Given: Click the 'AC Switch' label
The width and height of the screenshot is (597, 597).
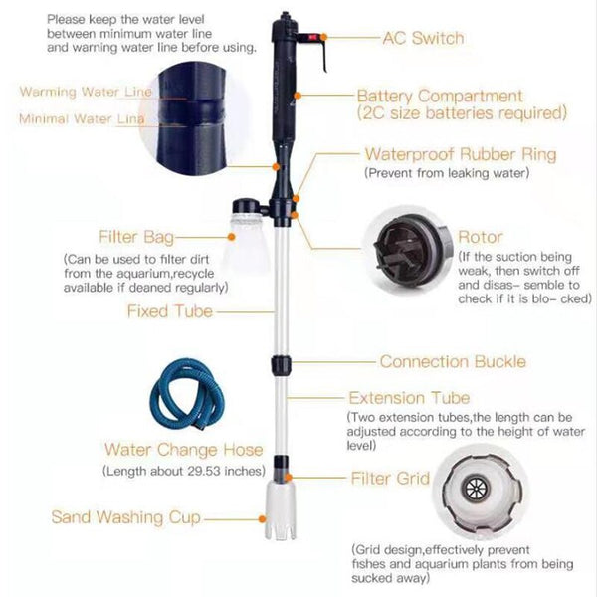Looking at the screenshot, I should coord(424,38).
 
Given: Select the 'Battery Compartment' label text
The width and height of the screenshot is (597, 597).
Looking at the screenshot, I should coord(440,97).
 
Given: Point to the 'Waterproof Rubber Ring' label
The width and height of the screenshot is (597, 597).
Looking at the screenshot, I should coord(461,154).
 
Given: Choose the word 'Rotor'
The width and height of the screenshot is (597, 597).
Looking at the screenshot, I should coord(480,238).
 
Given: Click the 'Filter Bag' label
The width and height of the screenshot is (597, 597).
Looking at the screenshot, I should coord(136,237).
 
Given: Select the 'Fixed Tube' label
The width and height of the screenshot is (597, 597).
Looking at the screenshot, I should coord(169,311).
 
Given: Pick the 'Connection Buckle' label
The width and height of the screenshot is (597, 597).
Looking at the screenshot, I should coord(453,362).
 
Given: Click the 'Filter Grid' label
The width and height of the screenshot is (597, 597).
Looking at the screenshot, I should coord(390,479).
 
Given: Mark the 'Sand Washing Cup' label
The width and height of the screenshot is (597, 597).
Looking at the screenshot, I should coord(125,517).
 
